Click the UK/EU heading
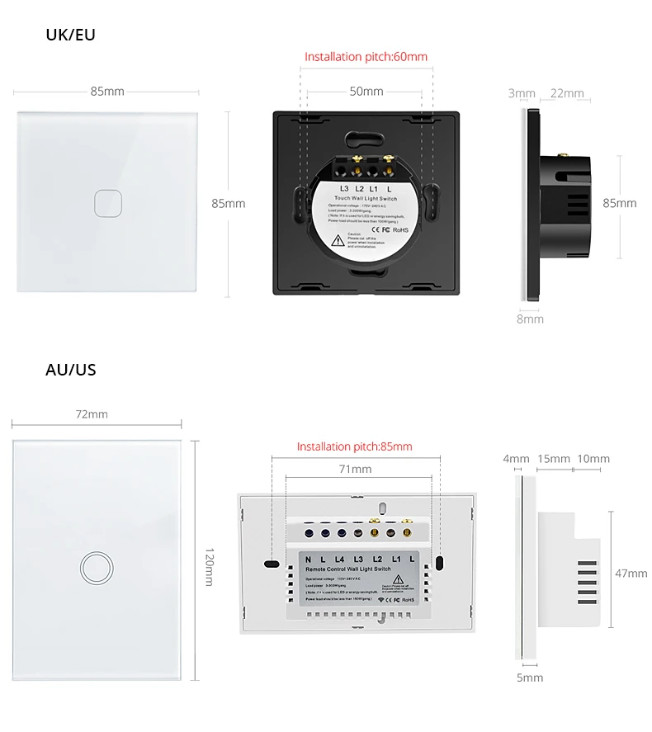(x=70, y=35)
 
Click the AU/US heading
(x=70, y=369)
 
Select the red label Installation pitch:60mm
(x=366, y=57)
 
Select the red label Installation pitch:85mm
(x=354, y=446)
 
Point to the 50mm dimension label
(x=366, y=92)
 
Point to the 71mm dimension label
(x=356, y=469)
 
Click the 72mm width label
(x=92, y=414)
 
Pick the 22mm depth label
(x=567, y=93)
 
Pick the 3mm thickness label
(x=522, y=93)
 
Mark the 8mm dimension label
(x=530, y=319)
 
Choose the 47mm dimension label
(x=631, y=573)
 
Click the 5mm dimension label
(x=530, y=678)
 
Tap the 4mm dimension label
(x=516, y=459)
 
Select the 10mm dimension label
(x=593, y=459)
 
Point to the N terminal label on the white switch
(x=308, y=561)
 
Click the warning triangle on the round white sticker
(x=338, y=241)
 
